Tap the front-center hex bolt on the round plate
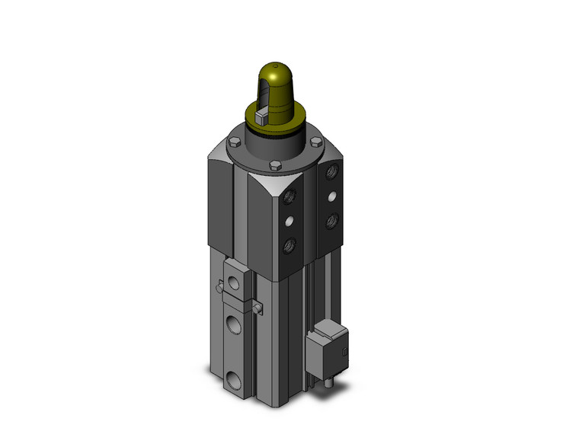[276, 165]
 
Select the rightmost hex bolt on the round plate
[315, 142]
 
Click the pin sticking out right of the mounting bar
[259, 308]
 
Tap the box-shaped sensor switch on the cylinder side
[326, 350]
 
